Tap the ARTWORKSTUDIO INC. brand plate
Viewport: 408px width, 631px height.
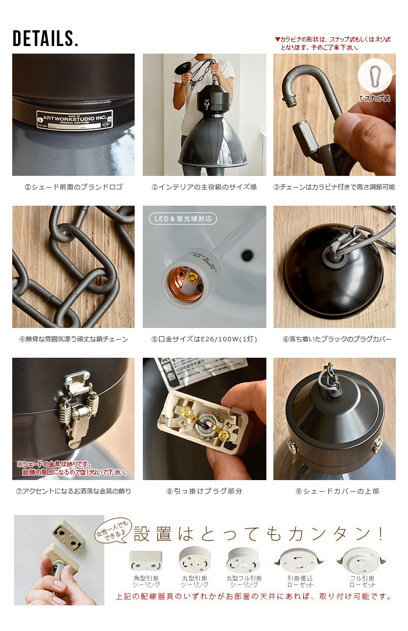click(x=74, y=119)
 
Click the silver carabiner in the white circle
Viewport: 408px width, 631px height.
click(x=375, y=76)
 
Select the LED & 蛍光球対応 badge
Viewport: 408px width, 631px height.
click(x=183, y=219)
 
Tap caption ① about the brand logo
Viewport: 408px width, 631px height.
click(x=73, y=188)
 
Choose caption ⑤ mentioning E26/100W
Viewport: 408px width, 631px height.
click(x=204, y=339)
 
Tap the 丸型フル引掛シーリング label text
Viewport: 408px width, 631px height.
click(x=244, y=581)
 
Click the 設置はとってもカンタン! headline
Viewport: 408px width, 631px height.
click(x=259, y=533)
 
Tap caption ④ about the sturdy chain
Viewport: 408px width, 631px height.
click(x=73, y=339)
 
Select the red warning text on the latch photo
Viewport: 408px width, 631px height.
click(x=72, y=468)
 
